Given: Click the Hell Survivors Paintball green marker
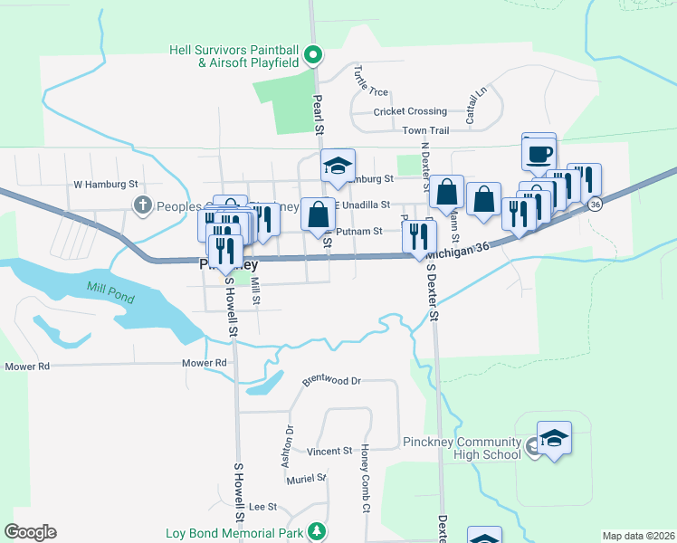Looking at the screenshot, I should (x=313, y=55).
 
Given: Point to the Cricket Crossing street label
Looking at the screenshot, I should (x=411, y=111).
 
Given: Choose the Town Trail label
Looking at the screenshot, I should (x=426, y=131).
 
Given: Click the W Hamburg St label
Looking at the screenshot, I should (x=105, y=184).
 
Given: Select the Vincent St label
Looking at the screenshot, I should (x=329, y=451).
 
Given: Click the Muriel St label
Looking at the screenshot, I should (x=309, y=478).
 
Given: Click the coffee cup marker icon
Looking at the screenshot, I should (x=539, y=151).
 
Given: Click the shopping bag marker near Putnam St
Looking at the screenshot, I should (x=318, y=214).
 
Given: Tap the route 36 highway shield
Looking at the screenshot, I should (x=594, y=205).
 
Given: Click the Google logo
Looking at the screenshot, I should (x=30, y=532).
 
